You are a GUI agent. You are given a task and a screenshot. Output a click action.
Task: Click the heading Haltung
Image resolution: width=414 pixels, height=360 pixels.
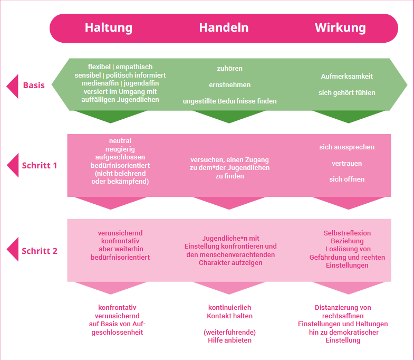coord(109,28)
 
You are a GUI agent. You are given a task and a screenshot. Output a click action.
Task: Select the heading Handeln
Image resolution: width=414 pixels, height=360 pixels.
coord(224,28)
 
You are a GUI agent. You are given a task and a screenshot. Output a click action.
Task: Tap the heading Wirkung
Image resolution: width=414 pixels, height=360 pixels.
coord(340,28)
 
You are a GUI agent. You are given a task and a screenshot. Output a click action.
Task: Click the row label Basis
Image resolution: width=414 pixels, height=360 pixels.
coord(34,85)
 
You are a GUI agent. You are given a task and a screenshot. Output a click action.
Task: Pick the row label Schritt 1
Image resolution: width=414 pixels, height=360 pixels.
coord(40,165)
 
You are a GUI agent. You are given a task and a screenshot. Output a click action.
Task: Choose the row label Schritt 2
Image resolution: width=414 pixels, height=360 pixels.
coord(40,251)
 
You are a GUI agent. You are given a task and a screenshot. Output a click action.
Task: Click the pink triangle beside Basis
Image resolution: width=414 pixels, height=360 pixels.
coord(12,86)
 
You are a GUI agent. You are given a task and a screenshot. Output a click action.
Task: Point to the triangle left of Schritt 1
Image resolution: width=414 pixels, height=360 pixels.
coord(12,165)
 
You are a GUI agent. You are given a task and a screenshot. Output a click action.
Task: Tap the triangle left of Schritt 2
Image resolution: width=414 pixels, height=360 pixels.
coord(12,251)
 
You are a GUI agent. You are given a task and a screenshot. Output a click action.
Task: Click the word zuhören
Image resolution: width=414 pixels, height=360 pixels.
coord(229,69)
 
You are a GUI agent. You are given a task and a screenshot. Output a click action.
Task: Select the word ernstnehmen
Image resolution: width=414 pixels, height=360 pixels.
coord(229,85)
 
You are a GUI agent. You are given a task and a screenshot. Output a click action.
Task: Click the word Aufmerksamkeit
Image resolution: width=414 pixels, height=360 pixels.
coord(346,77)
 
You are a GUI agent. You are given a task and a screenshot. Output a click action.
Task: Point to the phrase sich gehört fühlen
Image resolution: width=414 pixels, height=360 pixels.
coord(346,93)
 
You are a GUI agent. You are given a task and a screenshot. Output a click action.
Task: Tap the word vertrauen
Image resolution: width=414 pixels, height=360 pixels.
coord(346,164)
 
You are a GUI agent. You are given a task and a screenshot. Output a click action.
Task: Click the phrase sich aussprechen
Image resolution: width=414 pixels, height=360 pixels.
coord(346,147)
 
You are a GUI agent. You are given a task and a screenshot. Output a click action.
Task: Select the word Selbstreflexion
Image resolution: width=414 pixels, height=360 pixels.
coord(347,233)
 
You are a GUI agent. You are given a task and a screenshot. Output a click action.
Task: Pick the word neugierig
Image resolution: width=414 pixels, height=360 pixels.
coord(120,149)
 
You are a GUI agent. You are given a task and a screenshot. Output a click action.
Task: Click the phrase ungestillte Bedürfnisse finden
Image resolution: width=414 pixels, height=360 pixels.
coord(229,101)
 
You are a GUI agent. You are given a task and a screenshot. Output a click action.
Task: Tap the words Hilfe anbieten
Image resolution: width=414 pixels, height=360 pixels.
coord(229,340)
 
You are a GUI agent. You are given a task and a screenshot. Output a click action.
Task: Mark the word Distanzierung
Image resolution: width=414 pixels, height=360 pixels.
coord(343,308)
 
